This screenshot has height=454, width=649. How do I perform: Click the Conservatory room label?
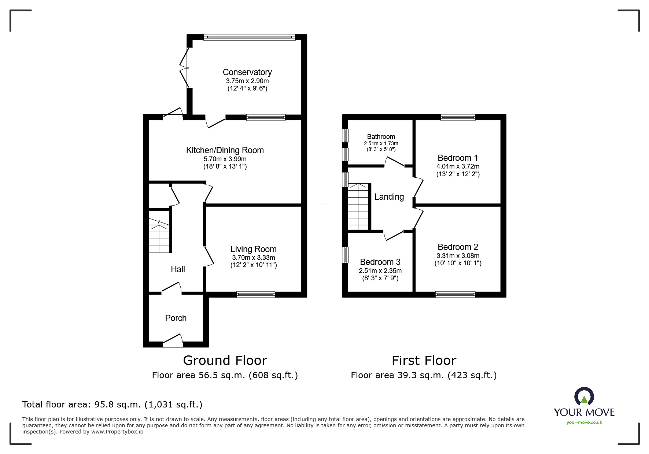pos(247,72)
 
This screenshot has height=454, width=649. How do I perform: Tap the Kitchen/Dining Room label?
pos(225,150)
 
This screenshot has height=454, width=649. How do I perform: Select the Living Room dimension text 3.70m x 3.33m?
pos(254,258)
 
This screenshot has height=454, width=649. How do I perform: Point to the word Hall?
pos(178,269)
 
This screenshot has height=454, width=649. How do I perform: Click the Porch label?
pos(176,318)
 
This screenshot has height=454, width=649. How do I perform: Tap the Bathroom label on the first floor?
pos(381,137)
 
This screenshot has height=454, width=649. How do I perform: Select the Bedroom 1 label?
pos(458,158)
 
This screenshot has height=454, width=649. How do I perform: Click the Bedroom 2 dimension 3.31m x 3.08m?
pos(458,256)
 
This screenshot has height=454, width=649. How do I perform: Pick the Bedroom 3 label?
pos(380,262)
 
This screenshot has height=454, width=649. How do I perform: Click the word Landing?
pos(389,197)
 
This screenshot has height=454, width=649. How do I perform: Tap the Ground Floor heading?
pos(225,361)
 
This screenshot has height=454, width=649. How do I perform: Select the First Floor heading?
pos(424,361)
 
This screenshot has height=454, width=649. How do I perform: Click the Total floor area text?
pos(113,405)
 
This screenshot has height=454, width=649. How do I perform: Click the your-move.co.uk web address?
pos(584,422)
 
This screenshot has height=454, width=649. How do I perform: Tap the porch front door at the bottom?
pos(173,340)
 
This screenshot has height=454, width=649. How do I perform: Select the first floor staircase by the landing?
pos(358,207)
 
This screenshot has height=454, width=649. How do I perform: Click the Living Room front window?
pos(256,294)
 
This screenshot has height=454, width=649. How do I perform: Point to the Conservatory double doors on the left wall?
pos(184,68)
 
